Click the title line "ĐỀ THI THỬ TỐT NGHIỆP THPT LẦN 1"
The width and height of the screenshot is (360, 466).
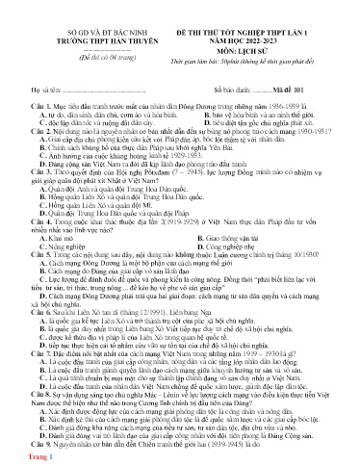[x=250, y=9]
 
